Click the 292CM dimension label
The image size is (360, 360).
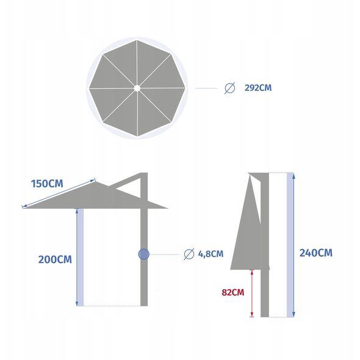coord(258,88)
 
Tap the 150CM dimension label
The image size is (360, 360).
coord(47,184)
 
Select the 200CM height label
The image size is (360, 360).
coord(55,259)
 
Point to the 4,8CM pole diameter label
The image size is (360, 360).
coord(211,254)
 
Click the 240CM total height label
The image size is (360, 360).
coord(316,253)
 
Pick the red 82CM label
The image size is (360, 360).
coord(233,292)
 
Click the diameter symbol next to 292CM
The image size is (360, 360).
coord(230,88)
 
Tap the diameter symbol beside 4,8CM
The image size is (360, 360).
coord(189,254)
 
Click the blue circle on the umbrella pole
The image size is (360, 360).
coord(144,254)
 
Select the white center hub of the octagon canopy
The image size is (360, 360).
coord(137,88)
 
